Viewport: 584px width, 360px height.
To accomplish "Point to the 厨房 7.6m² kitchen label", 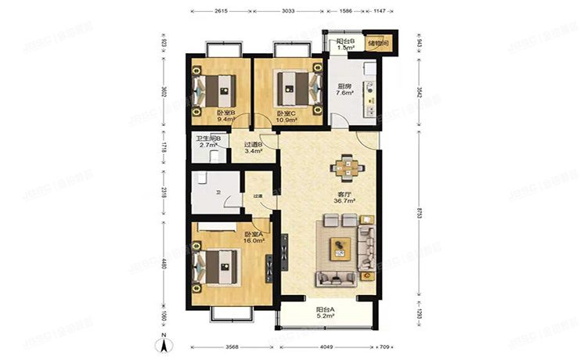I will point(344,90).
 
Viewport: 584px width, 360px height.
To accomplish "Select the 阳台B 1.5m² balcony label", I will point(346,45).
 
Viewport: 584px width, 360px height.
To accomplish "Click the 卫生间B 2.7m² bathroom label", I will point(208,142).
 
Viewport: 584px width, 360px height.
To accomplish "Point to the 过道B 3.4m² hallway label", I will point(253,148).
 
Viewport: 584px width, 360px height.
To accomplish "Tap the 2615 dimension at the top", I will point(221,13).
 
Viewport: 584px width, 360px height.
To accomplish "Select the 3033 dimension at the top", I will point(287,13).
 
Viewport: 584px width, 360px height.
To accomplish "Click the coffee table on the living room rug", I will point(341,247).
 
